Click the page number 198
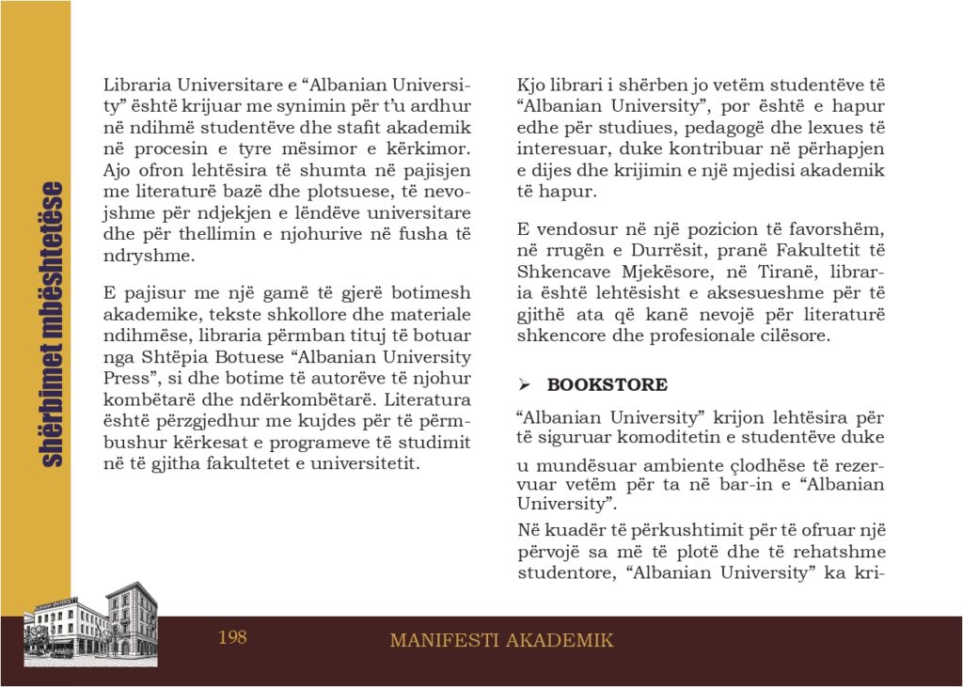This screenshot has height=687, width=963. [232, 638]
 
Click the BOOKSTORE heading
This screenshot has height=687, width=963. [608, 384]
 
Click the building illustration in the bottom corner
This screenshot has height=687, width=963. [90, 623]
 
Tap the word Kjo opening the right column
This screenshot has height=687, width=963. [532, 85]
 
